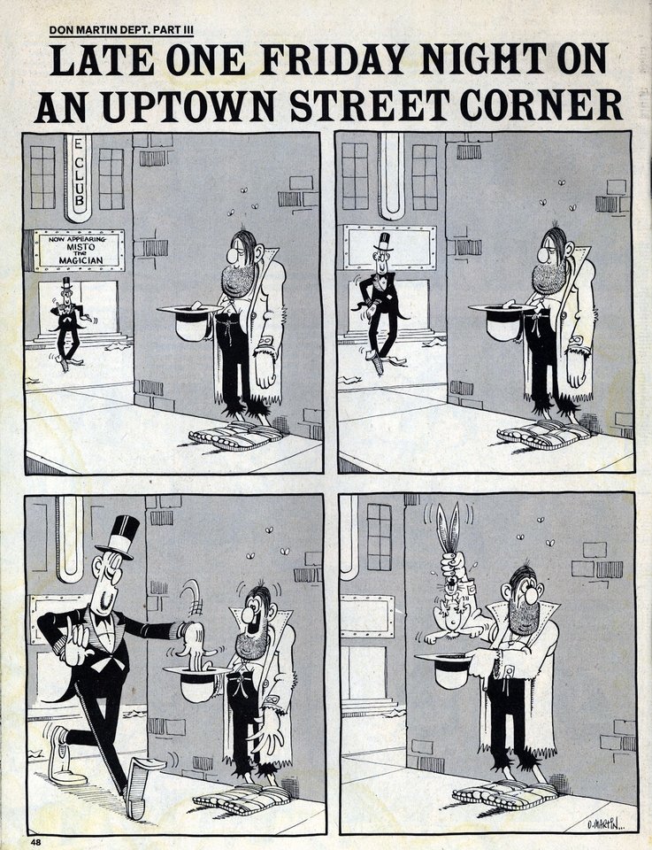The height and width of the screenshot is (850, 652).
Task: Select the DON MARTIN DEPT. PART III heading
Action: point(121,30)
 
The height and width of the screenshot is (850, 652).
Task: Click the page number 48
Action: point(35,842)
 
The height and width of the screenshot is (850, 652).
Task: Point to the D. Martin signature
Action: point(605,824)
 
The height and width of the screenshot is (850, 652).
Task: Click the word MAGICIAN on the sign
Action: point(81,260)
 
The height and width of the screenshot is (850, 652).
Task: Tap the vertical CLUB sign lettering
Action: point(79,177)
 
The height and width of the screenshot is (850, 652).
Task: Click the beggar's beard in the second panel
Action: point(548,277)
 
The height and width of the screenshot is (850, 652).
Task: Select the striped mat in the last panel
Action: point(505,794)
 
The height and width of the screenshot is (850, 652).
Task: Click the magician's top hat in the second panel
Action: point(384,242)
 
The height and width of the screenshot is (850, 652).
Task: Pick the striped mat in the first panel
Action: point(236,436)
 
